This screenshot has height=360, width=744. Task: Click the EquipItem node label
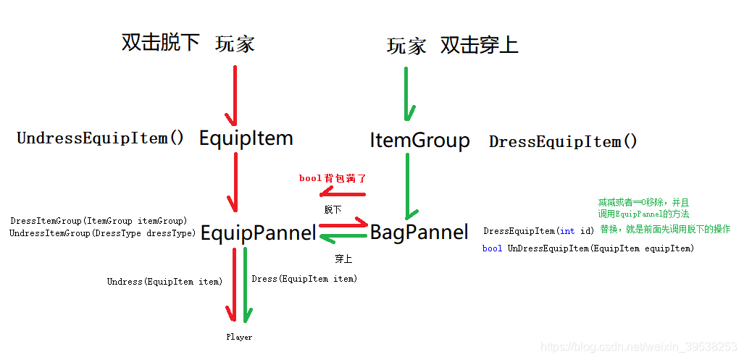coord(246,138)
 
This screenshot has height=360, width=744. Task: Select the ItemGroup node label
coord(419,140)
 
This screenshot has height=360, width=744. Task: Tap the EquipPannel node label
coord(258,233)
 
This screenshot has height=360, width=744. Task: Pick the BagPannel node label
coord(419,233)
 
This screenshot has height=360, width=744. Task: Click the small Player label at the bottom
coord(239,338)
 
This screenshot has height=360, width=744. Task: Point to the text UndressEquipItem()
coord(101,138)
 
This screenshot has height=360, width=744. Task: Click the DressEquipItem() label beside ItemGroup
coord(563,142)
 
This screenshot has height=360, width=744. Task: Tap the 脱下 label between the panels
coord(333,209)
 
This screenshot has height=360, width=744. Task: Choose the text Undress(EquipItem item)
coord(164,282)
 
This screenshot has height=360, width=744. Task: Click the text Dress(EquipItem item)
coord(304,279)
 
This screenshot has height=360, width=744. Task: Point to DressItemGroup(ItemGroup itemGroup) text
coord(99,220)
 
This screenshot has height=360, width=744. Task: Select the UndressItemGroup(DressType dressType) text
coord(103,233)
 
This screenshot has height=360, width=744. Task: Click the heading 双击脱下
coord(160,43)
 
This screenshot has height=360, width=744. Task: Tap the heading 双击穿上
coord(479,46)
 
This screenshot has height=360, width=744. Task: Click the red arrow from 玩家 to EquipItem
coord(233,94)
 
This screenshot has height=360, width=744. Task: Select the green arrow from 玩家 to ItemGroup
coord(407,94)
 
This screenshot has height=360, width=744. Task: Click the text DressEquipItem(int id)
coord(538,231)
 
